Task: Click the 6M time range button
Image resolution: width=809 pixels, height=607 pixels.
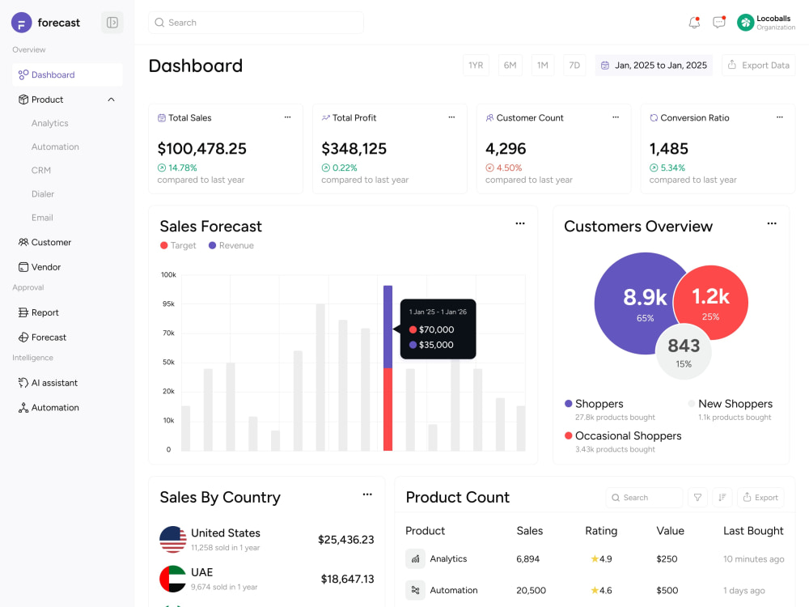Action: (510, 66)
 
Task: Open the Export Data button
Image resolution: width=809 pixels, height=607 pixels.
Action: (759, 66)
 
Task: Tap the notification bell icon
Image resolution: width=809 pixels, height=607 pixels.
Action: (694, 22)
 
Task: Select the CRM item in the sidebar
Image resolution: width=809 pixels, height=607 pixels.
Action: (40, 170)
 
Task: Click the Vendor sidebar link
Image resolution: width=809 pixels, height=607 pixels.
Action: (46, 267)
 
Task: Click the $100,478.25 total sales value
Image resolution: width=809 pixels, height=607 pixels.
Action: (201, 149)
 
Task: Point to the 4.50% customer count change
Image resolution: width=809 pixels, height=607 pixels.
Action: (509, 168)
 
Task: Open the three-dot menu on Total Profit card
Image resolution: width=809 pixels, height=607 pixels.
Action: (451, 117)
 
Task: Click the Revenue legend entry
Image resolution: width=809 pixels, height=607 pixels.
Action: (231, 246)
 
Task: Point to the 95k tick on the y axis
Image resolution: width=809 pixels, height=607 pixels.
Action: (169, 304)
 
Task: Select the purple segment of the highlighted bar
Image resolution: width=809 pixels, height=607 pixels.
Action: (388, 327)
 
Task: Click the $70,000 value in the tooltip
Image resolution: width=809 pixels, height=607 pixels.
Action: (437, 329)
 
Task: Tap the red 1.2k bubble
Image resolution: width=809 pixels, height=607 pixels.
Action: (710, 303)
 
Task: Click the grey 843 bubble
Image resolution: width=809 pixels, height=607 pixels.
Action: (684, 352)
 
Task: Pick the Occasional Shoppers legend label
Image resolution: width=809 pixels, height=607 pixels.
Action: (628, 435)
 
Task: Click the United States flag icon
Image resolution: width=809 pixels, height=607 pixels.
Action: (173, 539)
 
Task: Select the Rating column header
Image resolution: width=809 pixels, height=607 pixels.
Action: (601, 531)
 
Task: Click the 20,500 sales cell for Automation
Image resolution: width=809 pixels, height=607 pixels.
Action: (531, 590)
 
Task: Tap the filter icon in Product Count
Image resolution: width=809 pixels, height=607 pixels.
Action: (697, 498)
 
